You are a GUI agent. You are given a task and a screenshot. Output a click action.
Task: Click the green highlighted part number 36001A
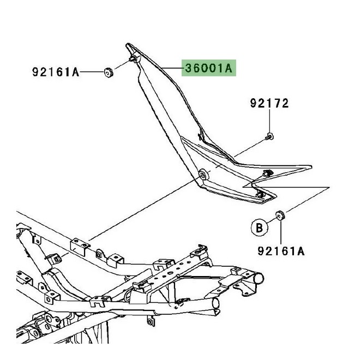tap(209, 69)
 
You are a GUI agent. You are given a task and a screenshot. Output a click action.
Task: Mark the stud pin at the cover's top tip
tap(133, 58)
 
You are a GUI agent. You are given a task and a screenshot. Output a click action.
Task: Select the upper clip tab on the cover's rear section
tap(267, 173)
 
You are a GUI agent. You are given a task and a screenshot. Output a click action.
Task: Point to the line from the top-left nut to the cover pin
tap(121, 65)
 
